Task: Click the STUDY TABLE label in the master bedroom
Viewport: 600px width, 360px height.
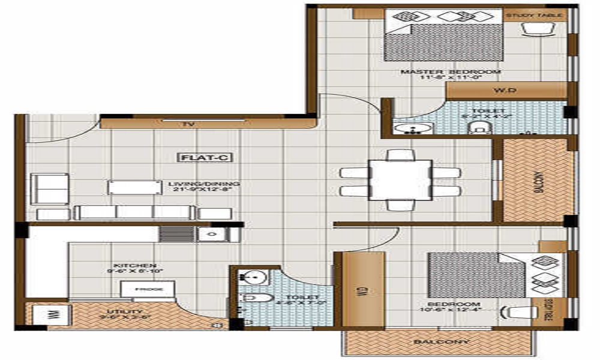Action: (534, 15)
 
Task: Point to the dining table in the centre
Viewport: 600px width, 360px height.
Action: (400, 180)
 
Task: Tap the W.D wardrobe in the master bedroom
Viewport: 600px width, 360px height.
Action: (506, 91)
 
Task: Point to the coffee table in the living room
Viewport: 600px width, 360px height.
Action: (134, 187)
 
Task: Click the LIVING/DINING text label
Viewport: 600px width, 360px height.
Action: (196, 184)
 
